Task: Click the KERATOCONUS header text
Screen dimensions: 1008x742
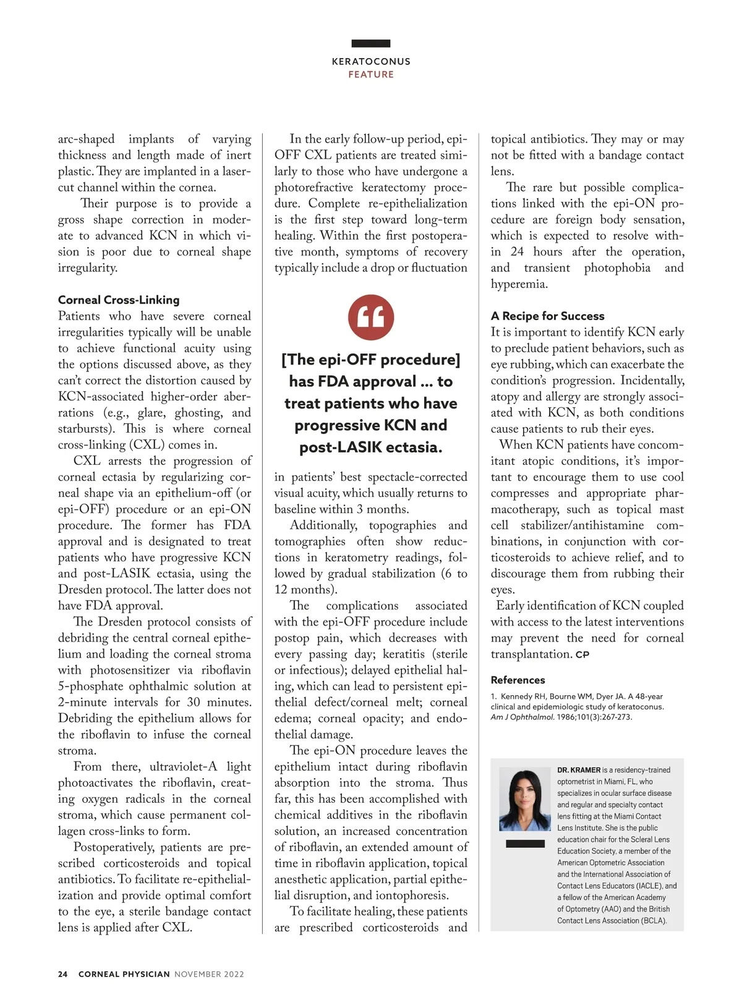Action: tap(371, 62)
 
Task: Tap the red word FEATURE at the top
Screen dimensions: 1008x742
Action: tap(371, 75)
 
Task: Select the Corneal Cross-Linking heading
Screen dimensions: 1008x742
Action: tap(119, 300)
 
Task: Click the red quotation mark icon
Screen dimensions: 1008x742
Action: tap(371, 318)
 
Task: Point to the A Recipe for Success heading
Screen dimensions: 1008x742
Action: tap(547, 316)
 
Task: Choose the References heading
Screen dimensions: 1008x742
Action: tap(518, 680)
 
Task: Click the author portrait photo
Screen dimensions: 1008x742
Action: tap(525, 800)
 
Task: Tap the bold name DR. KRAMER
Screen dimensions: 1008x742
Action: tap(579, 770)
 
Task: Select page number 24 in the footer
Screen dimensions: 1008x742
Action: tap(62, 974)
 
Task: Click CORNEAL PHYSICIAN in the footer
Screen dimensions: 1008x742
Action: tap(124, 974)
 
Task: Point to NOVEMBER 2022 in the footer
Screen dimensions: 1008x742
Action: tap(209, 974)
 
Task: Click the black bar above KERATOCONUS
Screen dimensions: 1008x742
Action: tap(371, 43)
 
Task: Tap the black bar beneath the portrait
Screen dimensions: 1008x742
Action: tap(525, 844)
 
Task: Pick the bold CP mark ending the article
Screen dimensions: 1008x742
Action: tap(582, 654)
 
